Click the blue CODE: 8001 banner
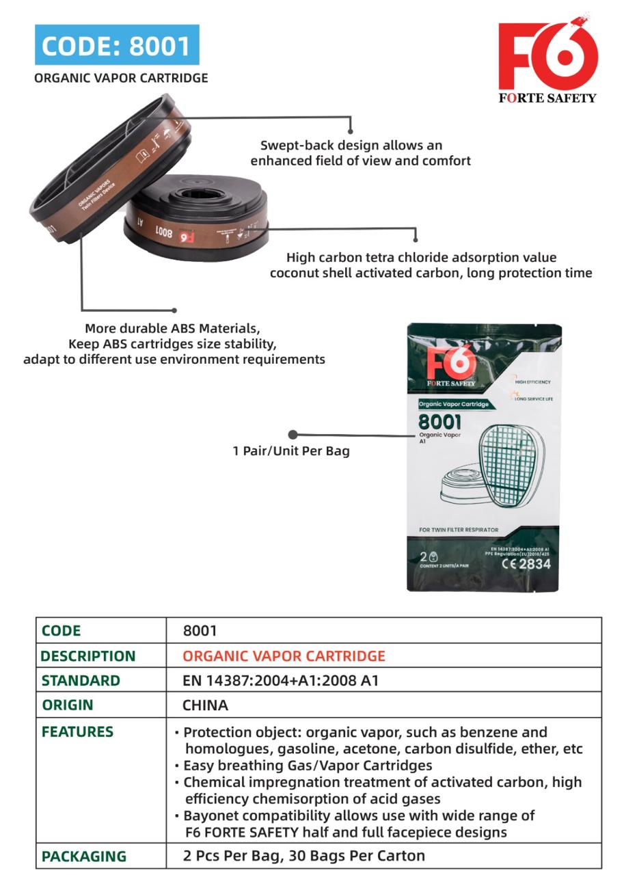pyautogui.click(x=117, y=45)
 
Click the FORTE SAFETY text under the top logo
pyautogui.click(x=547, y=98)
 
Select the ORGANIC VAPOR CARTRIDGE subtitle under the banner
pyautogui.click(x=121, y=78)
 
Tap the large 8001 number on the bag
pyautogui.click(x=439, y=422)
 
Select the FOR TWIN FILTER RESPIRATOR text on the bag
pyautogui.click(x=459, y=530)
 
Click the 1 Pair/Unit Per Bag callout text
pyautogui.click(x=291, y=451)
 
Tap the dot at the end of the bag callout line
pyautogui.click(x=293, y=435)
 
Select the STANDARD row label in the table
pyautogui.click(x=81, y=681)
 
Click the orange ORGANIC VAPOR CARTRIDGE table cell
pyautogui.click(x=284, y=656)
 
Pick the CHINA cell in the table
pyautogui.click(x=205, y=705)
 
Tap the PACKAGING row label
pyautogui.click(x=84, y=857)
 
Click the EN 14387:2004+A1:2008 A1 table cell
pyautogui.click(x=280, y=681)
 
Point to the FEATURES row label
pyautogui.click(x=77, y=732)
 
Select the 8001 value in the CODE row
pyautogui.click(x=200, y=631)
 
